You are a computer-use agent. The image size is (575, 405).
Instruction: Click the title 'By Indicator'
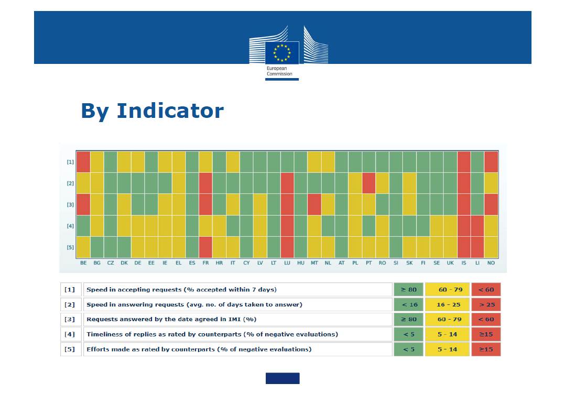[x=152, y=111]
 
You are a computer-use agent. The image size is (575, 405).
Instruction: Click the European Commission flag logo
[x=282, y=52]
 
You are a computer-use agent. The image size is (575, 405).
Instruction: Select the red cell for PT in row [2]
[x=368, y=183]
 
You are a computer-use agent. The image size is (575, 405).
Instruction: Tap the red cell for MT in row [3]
[x=314, y=204]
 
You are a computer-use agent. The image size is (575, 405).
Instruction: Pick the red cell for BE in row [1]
[x=83, y=162]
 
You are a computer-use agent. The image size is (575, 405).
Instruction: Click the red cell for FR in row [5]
[x=205, y=247]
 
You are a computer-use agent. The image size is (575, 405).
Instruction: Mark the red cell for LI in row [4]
[x=477, y=226]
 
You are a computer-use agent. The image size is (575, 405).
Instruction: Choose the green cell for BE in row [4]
[x=83, y=226]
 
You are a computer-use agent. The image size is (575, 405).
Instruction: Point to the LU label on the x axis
[x=287, y=263]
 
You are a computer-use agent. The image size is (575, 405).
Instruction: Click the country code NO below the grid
[x=491, y=263]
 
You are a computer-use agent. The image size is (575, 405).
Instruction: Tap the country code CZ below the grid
[x=111, y=263]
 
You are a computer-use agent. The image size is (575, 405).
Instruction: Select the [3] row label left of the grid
[x=70, y=205]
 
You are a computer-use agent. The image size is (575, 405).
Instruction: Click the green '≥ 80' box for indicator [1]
[x=408, y=290]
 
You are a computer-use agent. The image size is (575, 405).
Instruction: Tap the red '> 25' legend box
[x=486, y=304]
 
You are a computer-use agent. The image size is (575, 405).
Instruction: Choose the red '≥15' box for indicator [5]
[x=486, y=349]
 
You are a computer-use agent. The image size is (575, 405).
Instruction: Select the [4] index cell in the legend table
[x=70, y=334]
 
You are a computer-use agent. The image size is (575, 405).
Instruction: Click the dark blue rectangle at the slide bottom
[x=282, y=378]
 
